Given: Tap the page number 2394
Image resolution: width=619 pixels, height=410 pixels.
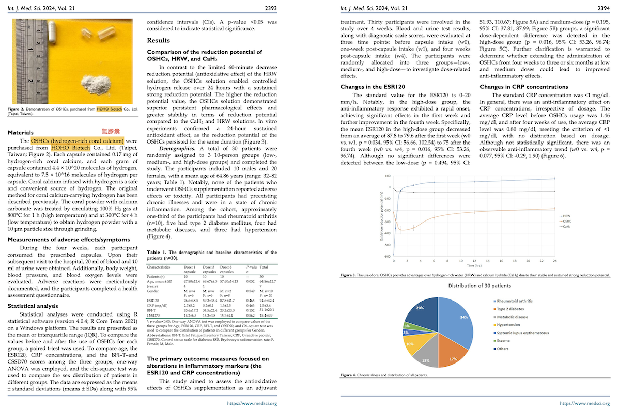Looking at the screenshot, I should tap(602, 8).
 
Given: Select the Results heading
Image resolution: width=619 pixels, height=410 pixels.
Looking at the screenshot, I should tap(158, 40).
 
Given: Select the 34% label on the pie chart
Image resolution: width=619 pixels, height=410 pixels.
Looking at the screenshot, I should tap(464, 317).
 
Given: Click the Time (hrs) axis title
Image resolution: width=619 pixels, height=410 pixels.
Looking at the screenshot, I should tap(474, 265).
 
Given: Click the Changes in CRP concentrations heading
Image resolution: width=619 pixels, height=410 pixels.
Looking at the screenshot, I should tap(524, 87).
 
